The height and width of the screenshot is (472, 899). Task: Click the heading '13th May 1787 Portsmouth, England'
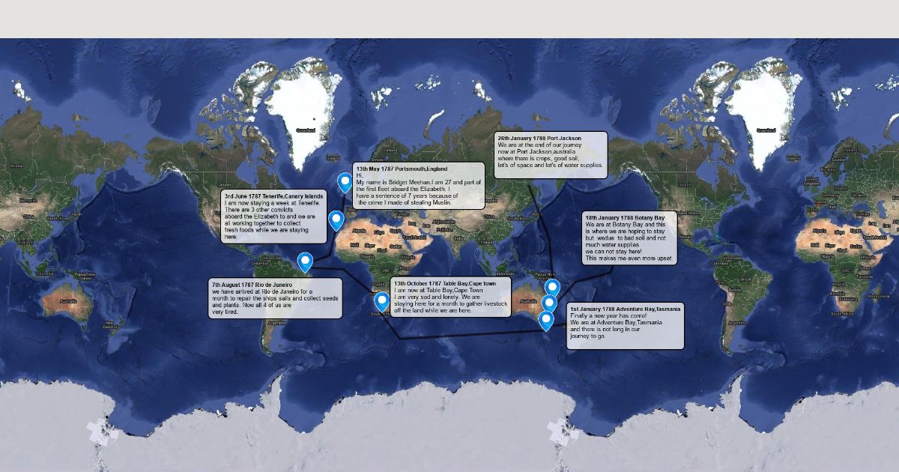click(402, 169)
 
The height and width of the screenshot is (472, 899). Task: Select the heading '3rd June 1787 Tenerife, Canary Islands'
click(273, 196)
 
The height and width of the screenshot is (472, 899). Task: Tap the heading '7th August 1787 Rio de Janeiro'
click(251, 285)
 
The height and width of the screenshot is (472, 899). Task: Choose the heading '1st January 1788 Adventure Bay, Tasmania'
click(625, 309)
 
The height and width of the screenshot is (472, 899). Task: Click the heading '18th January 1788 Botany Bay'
click(625, 217)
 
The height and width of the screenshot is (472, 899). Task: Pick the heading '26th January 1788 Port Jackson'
click(539, 139)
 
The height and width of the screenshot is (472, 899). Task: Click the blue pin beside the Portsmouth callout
click(345, 182)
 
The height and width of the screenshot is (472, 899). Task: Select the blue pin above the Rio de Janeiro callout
click(305, 261)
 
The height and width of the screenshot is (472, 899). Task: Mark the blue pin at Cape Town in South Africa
click(382, 301)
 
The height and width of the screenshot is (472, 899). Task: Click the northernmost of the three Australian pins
click(552, 288)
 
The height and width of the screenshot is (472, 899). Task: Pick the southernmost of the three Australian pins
click(546, 320)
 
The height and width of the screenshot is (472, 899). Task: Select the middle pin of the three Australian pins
click(549, 303)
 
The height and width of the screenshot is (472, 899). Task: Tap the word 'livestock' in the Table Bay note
click(494, 303)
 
